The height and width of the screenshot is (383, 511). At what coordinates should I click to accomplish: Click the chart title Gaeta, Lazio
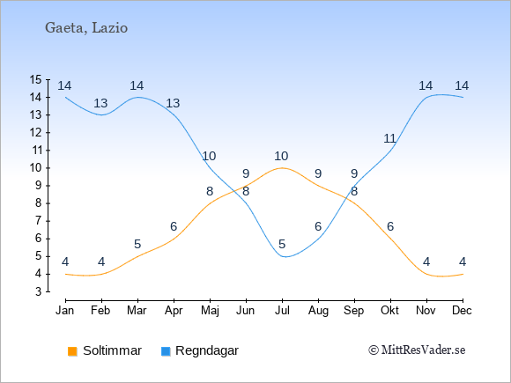click(86, 28)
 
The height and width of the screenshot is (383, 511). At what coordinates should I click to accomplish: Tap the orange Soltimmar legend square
click(72, 351)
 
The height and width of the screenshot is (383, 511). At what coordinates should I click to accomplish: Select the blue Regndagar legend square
click(166, 351)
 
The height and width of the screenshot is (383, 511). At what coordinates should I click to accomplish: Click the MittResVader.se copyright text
click(417, 350)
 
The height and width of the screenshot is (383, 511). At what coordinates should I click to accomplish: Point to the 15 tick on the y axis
click(35, 79)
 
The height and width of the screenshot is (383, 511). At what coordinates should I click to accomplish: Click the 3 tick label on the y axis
click(39, 291)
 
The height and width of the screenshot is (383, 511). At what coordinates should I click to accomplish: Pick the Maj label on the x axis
click(210, 311)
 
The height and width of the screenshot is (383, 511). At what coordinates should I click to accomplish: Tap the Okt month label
click(389, 311)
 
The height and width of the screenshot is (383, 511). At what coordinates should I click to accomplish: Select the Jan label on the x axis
click(65, 311)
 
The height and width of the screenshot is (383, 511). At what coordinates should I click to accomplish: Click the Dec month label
click(462, 311)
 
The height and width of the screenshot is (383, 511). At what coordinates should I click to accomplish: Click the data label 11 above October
click(389, 139)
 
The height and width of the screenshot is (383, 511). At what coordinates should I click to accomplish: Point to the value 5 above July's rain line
click(282, 244)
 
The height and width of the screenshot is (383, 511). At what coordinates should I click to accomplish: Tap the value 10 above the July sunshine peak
click(281, 157)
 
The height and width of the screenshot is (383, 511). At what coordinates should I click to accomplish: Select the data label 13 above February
click(100, 103)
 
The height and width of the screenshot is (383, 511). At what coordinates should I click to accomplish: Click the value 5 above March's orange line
click(137, 244)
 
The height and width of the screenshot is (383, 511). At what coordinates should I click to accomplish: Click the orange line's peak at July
click(282, 168)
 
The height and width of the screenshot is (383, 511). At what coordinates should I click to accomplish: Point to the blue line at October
click(390, 151)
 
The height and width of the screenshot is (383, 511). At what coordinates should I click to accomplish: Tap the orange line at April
click(174, 239)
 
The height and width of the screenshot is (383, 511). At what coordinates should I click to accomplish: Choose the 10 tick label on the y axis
click(35, 168)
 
